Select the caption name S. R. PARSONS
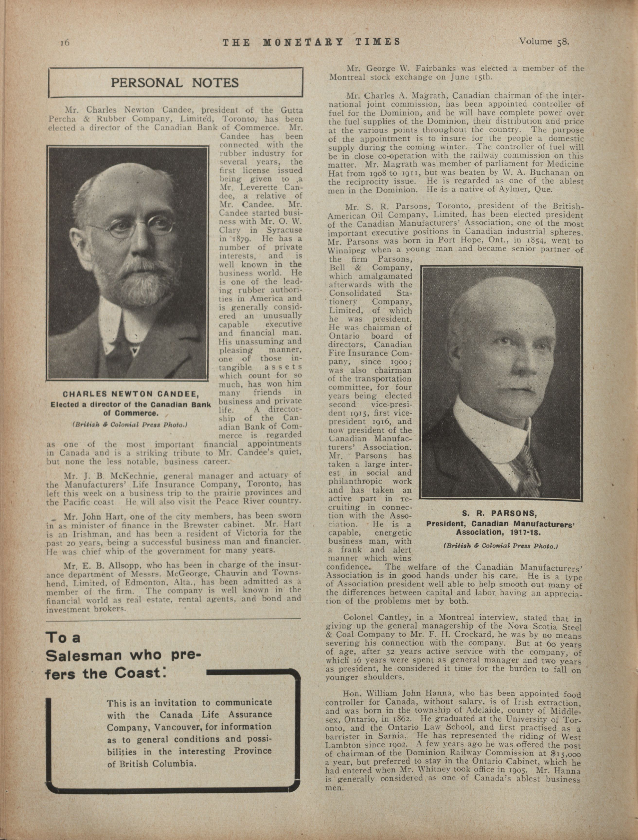(x=499, y=514)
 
